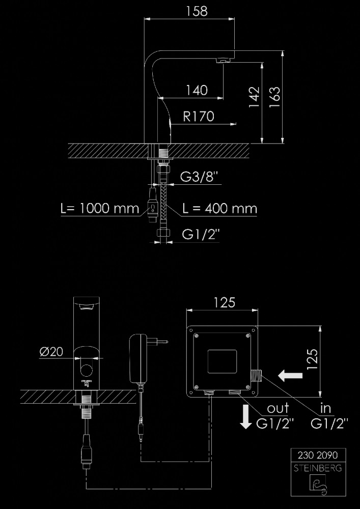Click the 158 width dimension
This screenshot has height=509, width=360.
point(197,11)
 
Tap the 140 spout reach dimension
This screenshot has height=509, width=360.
point(197,90)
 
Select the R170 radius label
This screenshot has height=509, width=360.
point(199,116)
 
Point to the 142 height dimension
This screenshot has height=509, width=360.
point(255,97)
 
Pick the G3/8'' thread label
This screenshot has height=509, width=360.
point(199,177)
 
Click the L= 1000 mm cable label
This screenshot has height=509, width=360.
point(100,208)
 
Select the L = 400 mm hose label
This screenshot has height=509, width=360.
point(220,208)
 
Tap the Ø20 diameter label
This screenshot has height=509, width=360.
point(51,352)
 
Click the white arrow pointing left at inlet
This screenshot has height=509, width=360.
point(291,376)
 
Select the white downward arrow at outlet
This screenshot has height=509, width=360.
point(246,417)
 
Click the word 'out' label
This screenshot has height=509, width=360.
point(278,409)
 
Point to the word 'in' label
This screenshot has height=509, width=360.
point(325,408)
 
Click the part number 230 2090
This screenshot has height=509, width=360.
point(318,456)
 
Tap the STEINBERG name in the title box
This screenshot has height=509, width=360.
point(318,468)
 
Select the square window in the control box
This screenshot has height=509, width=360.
point(222,361)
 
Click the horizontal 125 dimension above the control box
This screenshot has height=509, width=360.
point(224,302)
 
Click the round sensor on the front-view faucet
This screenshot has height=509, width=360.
point(87,370)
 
